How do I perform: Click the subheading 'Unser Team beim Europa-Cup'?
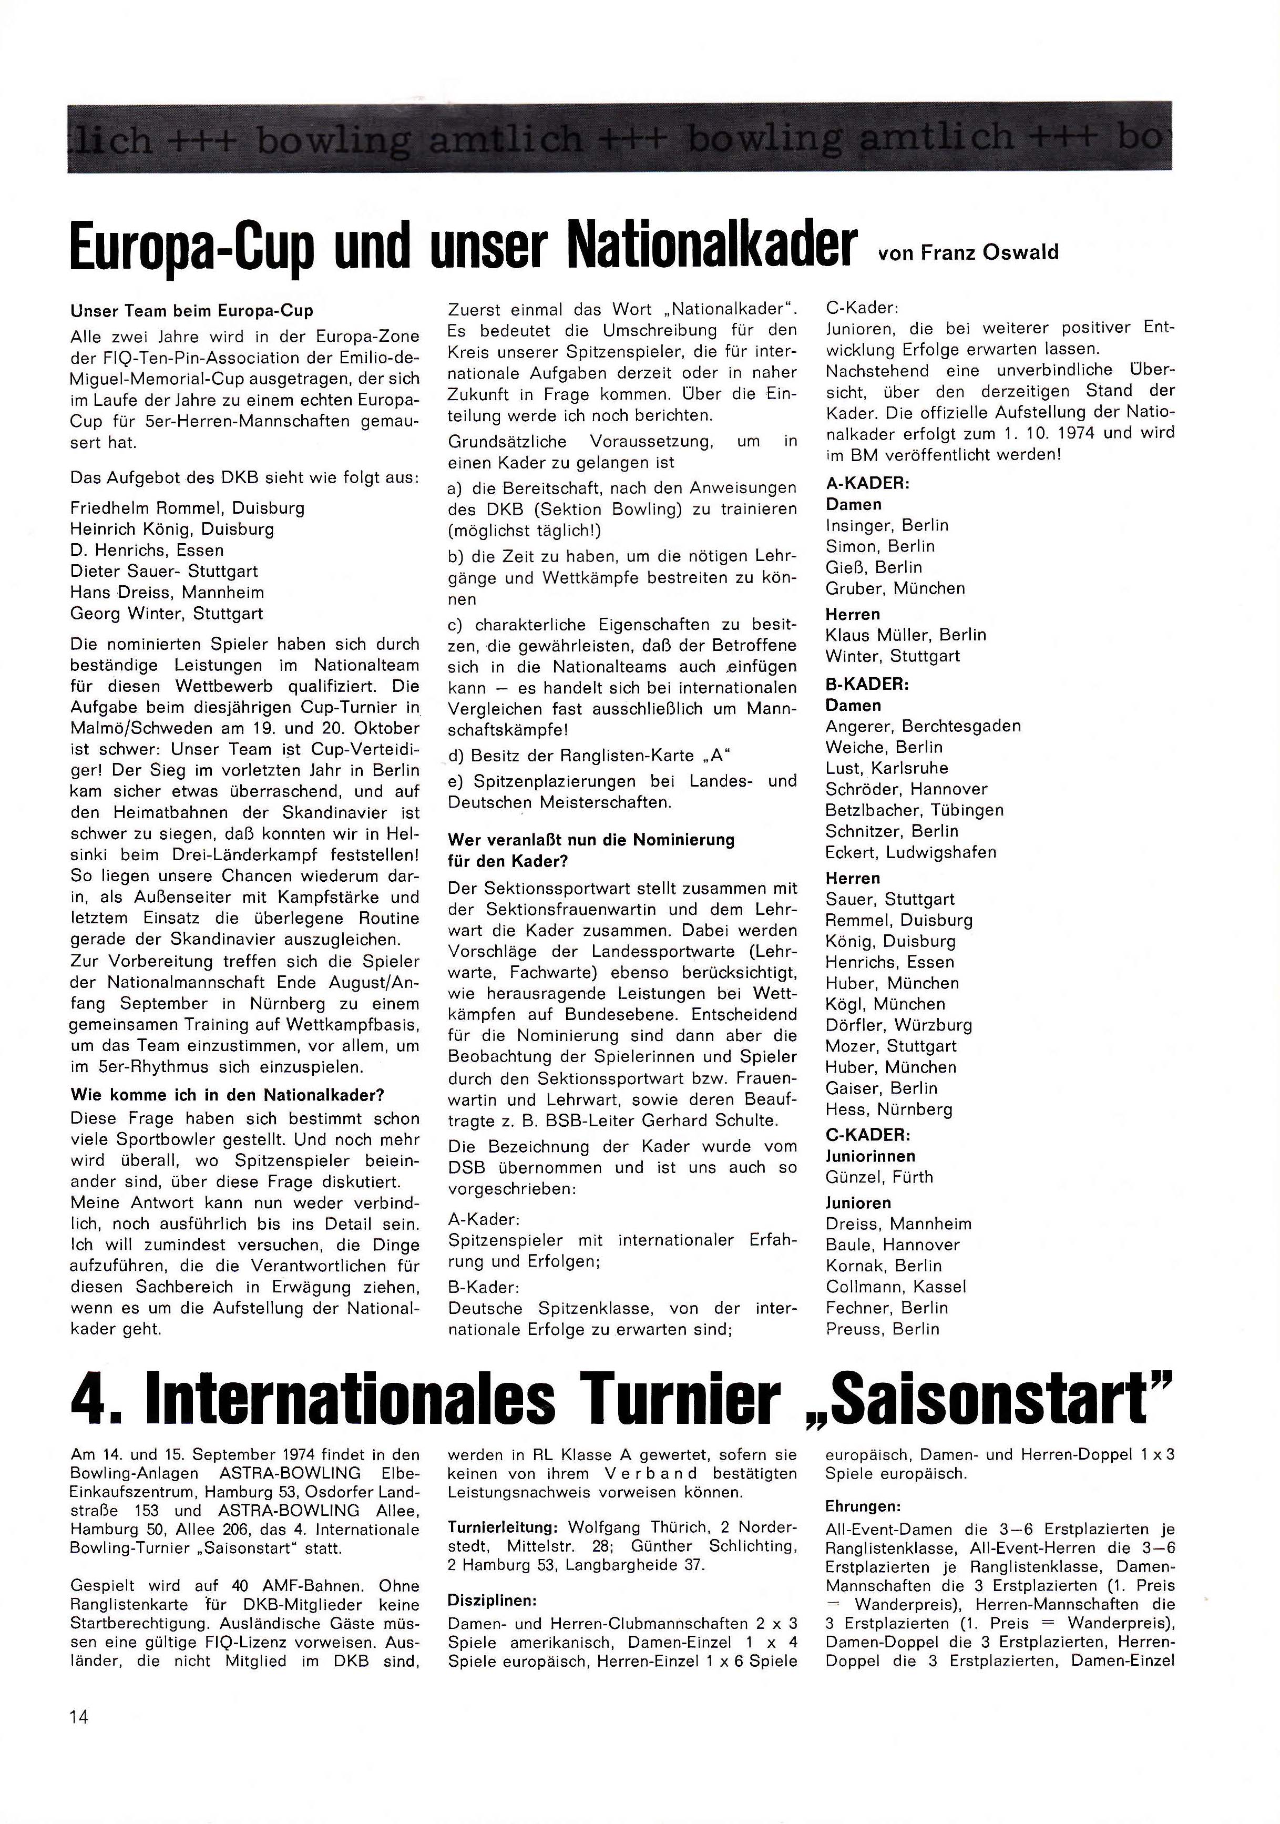191,311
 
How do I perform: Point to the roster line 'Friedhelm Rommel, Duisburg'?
187,507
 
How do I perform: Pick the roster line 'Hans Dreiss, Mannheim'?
167,593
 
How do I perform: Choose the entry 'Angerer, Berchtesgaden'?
923,726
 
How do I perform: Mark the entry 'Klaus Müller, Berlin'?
905,635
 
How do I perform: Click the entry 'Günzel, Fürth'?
879,1177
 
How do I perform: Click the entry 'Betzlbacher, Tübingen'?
914,810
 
